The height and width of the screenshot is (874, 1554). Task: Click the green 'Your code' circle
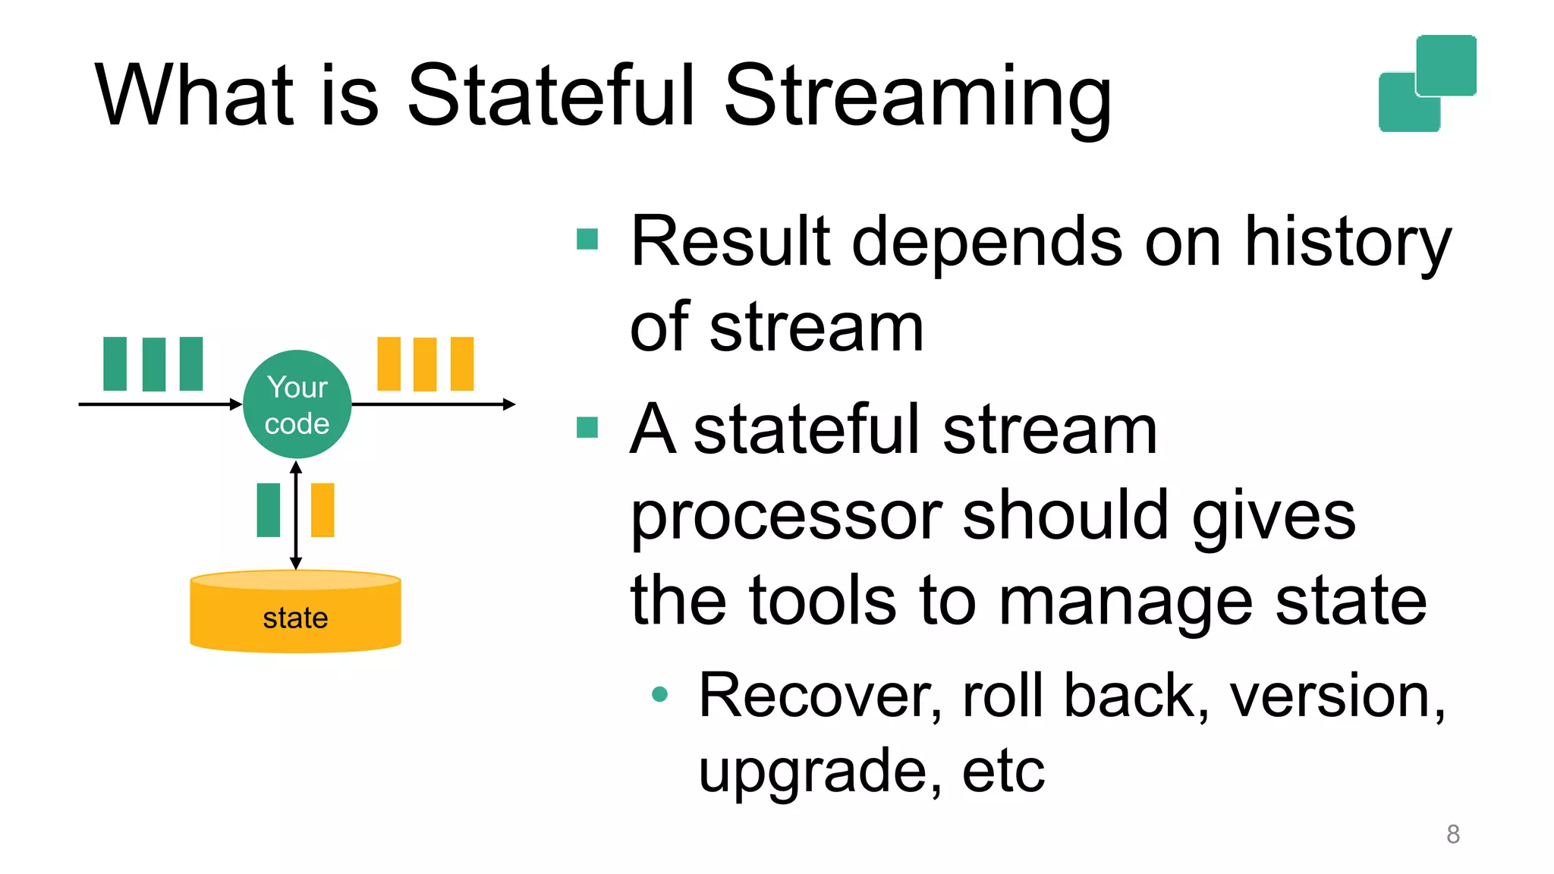(x=297, y=404)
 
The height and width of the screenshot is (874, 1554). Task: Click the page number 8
(x=1452, y=835)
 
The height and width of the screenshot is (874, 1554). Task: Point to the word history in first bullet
(x=1347, y=243)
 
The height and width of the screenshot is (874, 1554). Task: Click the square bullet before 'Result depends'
(x=587, y=239)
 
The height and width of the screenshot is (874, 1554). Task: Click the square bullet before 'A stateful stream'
(x=587, y=428)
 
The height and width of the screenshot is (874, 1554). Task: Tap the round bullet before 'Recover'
(x=659, y=693)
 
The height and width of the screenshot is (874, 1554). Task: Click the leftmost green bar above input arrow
(x=115, y=363)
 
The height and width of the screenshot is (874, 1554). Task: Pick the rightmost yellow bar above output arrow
(x=461, y=363)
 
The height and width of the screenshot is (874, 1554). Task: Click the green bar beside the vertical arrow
(x=269, y=510)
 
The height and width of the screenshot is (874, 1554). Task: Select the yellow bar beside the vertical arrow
(x=322, y=510)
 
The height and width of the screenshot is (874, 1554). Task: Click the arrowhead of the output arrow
(x=509, y=404)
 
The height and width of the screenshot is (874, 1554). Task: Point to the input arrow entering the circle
(x=159, y=404)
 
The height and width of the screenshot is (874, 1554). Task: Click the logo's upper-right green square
(x=1446, y=65)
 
